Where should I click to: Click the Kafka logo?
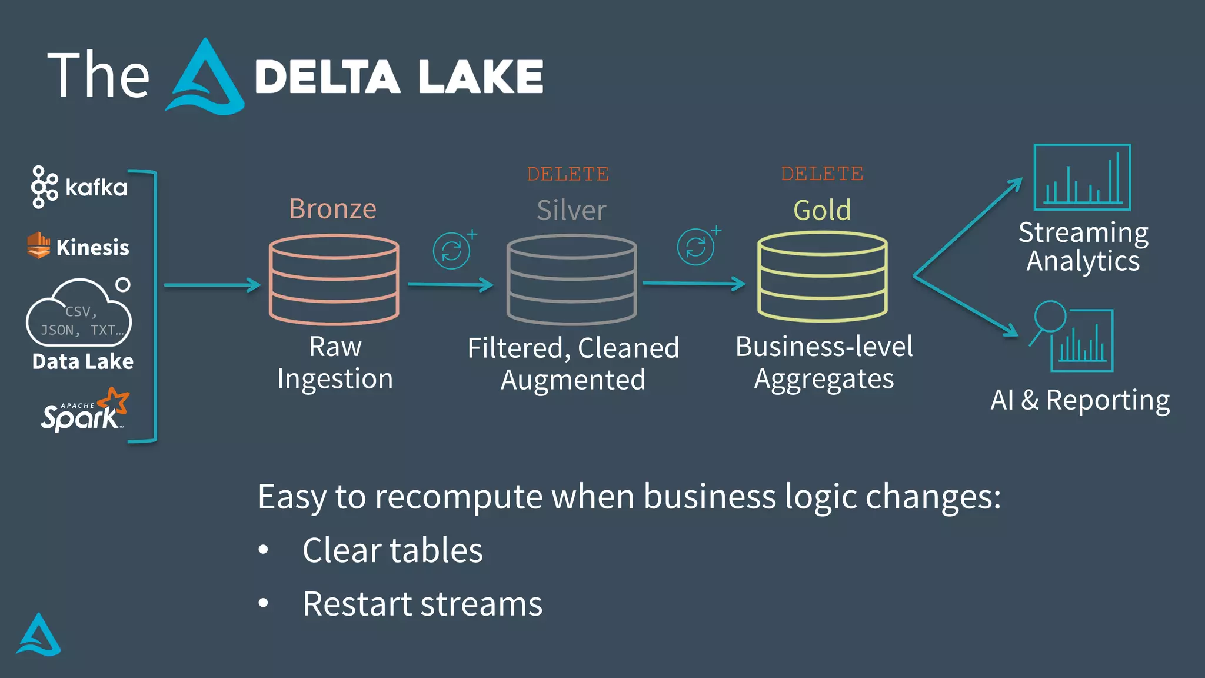[79, 187]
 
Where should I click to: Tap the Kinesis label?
[92, 247]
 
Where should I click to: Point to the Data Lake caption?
[82, 361]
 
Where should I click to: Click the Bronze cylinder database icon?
[334, 280]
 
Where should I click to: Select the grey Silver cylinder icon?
[571, 280]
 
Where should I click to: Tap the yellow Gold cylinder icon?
[822, 277]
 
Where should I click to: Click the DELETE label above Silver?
[568, 174]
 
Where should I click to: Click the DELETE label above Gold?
[822, 174]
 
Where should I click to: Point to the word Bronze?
[332, 209]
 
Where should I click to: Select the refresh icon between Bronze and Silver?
[452, 251]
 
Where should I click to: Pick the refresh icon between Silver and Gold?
[695, 247]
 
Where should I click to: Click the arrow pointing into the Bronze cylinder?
[212, 285]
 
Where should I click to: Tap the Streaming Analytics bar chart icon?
[1082, 177]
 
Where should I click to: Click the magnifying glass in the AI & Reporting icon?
[1050, 318]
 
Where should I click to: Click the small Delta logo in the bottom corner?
[39, 635]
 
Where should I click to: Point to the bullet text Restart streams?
[422, 604]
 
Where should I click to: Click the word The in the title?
[98, 75]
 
